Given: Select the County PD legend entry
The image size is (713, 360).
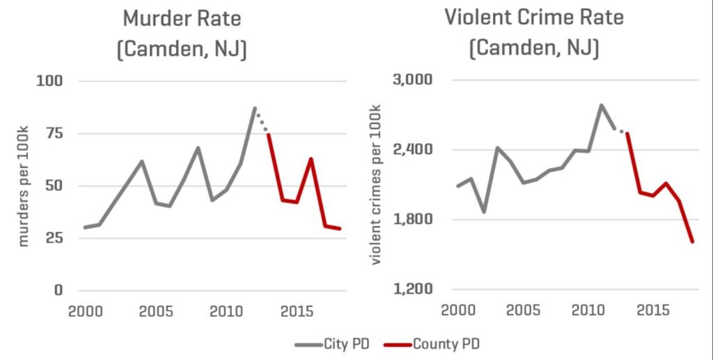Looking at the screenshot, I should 438,343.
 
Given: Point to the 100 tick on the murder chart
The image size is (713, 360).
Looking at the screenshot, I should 50,81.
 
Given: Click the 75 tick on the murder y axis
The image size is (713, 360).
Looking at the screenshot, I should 54,134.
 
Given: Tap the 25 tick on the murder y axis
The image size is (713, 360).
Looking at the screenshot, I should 54,238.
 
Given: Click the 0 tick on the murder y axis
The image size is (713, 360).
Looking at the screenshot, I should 58,290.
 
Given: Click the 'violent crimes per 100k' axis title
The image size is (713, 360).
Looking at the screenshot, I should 376,185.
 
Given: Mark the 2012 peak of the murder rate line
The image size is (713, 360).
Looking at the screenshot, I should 255,108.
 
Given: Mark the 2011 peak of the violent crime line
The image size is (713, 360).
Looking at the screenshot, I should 601,105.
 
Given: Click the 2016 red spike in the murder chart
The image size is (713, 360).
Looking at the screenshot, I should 311,159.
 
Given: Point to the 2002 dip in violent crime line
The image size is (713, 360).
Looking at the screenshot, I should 483,212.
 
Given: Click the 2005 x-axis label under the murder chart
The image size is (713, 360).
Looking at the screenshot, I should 151,310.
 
